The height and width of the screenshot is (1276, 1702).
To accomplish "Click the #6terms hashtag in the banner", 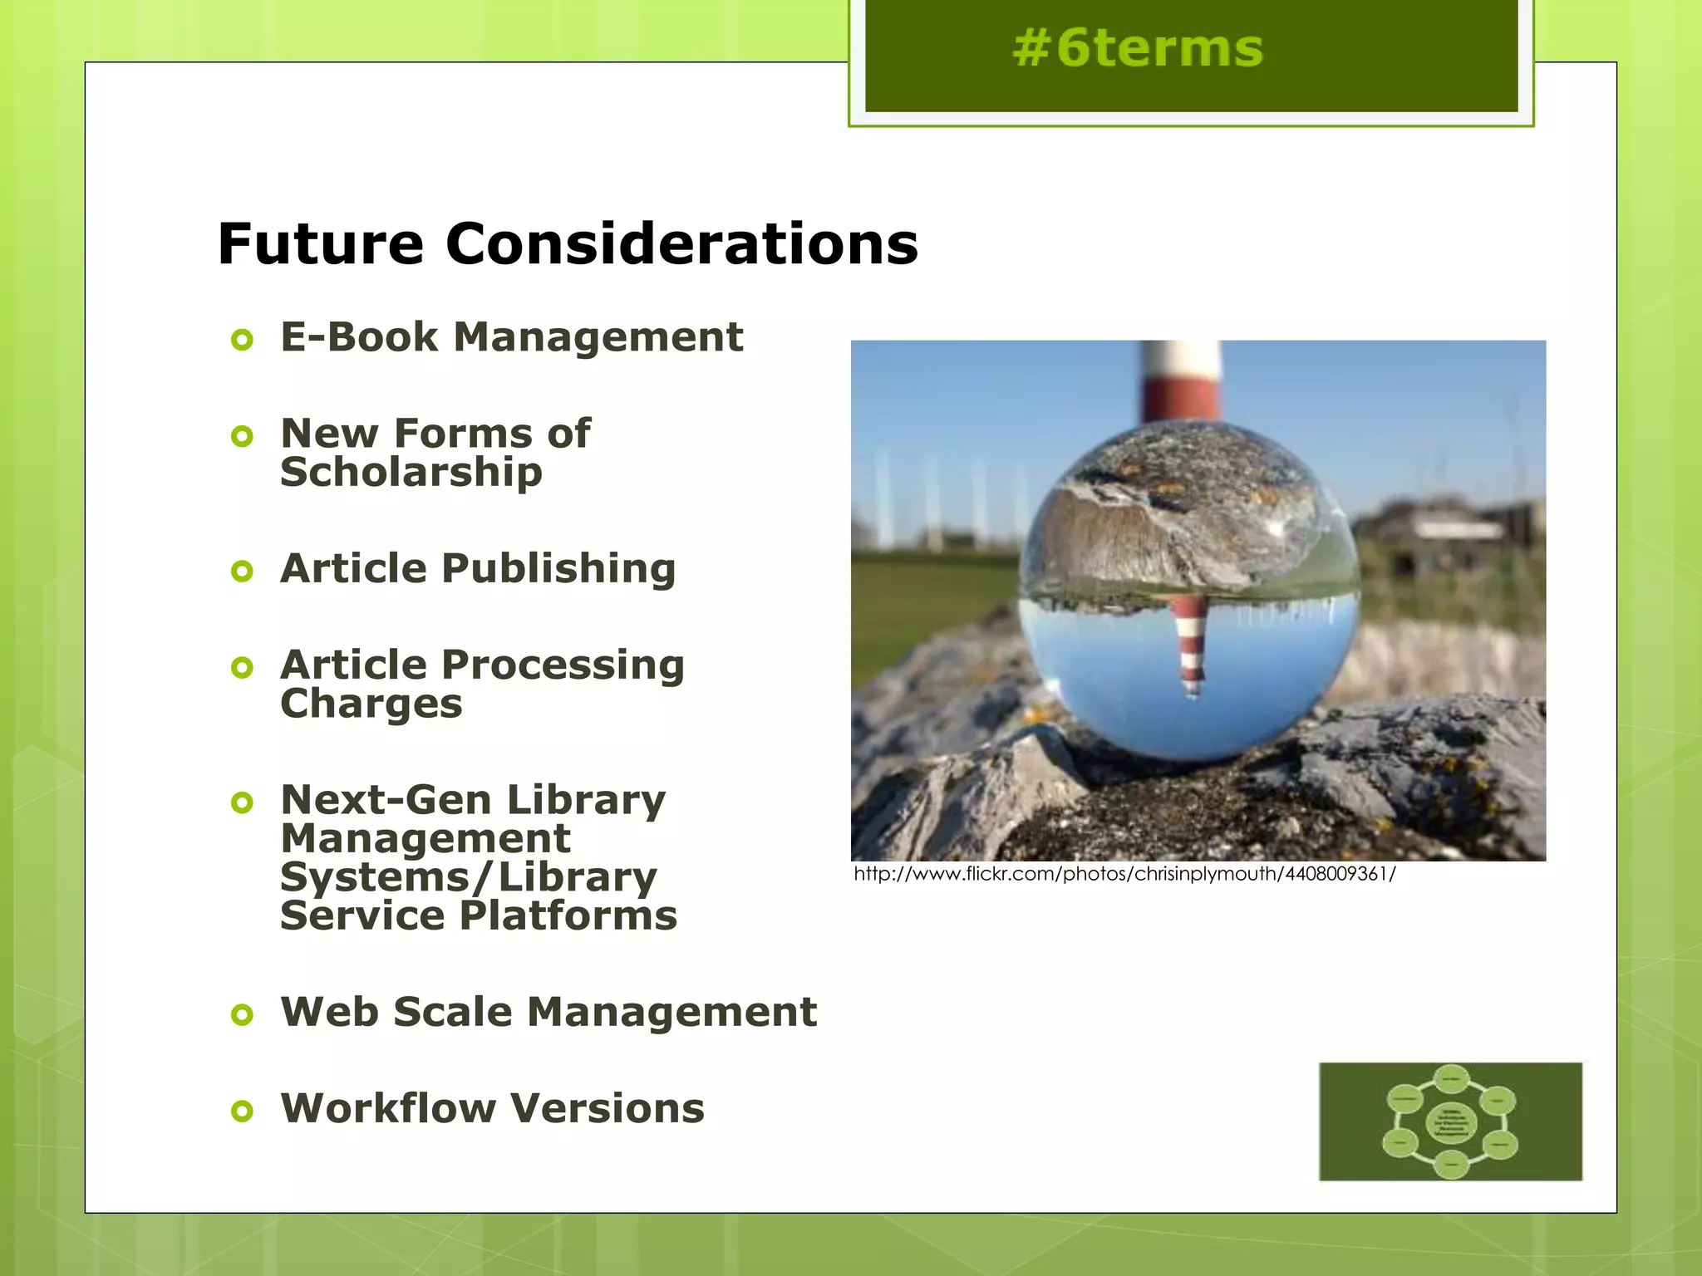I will [x=1138, y=48].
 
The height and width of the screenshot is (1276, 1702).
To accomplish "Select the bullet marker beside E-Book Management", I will [x=242, y=340].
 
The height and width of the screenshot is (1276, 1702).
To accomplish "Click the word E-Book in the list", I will [x=359, y=337].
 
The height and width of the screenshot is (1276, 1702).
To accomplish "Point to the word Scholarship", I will [x=411, y=473].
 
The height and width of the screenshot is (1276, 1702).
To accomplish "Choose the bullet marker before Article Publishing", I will [x=242, y=571].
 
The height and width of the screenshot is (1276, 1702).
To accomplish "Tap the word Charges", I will [x=371, y=704].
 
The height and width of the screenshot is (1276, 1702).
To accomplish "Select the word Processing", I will [x=563, y=665].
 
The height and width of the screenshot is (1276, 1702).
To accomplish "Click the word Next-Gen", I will [x=386, y=799].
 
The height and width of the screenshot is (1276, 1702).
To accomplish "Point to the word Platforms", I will [x=568, y=915].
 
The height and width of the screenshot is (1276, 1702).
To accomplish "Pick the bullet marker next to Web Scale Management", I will [x=242, y=1014].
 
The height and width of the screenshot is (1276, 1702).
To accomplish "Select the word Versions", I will [x=608, y=1108].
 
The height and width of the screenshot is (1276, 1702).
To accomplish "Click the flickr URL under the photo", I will [x=1124, y=874].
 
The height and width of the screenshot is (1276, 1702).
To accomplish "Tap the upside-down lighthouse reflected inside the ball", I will [x=1190, y=644].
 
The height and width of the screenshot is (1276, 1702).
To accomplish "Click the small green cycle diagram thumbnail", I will [x=1450, y=1121].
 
